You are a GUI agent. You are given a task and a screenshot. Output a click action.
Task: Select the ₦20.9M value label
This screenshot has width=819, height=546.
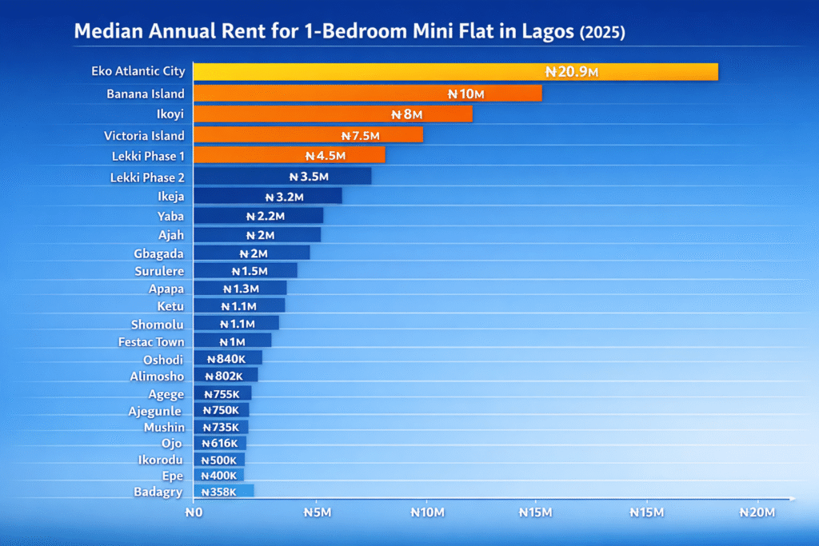point(572,72)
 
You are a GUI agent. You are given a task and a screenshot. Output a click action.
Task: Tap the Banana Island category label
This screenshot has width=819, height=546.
point(146,94)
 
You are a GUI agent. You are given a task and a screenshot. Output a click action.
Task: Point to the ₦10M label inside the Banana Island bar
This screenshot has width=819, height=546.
point(465,94)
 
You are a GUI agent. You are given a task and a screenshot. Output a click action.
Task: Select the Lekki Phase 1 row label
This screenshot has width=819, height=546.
point(148,156)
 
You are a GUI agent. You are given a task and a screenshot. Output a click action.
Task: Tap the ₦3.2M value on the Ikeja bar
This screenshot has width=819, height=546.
point(284,196)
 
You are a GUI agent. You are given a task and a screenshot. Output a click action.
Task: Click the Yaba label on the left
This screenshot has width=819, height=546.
point(170,216)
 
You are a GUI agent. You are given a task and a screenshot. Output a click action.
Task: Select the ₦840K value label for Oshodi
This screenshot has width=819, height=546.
point(226,359)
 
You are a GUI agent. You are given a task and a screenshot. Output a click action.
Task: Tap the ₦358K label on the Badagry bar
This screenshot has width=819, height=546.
point(218,492)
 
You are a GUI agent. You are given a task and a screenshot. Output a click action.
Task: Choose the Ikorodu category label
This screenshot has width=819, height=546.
point(161,460)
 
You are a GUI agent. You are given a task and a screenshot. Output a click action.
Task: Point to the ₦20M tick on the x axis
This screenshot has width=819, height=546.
point(756,512)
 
